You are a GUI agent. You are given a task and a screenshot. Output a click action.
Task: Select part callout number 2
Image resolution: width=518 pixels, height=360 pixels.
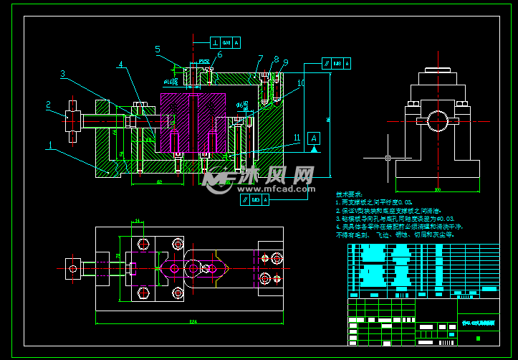tap(48, 105)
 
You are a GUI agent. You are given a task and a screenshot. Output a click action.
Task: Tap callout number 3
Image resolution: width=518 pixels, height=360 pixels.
tap(62, 74)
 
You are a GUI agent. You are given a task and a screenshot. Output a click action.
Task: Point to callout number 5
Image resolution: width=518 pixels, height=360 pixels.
tap(157, 49)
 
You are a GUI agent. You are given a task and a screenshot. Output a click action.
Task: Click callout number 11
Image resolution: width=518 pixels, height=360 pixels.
tap(296, 136)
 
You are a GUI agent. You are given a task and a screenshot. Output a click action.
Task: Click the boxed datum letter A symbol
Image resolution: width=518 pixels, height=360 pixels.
tap(313, 137)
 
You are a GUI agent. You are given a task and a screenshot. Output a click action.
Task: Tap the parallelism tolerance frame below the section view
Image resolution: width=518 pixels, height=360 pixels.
tap(256, 199)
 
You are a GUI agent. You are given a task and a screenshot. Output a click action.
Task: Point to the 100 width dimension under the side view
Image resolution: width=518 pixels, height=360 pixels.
tap(436, 190)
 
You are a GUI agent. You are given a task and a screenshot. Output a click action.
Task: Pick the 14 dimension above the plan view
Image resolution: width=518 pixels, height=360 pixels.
tap(138, 221)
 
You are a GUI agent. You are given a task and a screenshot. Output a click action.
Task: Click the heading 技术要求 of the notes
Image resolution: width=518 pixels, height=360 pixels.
tap(349, 194)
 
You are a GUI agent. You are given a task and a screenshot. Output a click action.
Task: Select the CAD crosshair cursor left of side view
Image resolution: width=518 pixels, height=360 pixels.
tap(388, 158)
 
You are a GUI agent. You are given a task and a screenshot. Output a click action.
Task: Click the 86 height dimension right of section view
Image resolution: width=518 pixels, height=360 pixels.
tap(328, 119)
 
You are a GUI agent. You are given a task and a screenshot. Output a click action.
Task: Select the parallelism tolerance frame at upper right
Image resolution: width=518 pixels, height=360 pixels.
tap(337, 64)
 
